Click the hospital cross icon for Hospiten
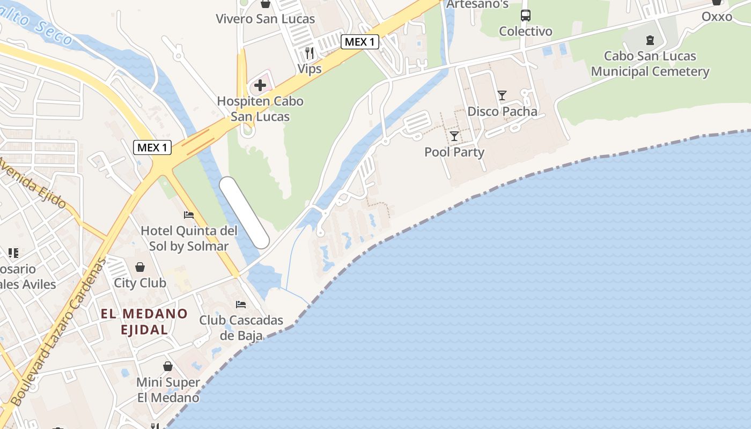(260, 85)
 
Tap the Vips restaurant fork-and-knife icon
(310, 53)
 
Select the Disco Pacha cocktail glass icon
(502, 95)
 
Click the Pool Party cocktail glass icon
(454, 136)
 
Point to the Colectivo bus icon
(526, 16)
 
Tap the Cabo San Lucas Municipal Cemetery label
(650, 64)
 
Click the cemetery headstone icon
(650, 40)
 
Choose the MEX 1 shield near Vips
(360, 42)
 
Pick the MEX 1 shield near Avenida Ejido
(152, 147)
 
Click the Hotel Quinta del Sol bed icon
(189, 215)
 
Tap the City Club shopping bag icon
(140, 267)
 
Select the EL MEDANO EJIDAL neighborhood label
(144, 321)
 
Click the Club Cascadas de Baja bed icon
(241, 305)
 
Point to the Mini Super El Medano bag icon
(168, 366)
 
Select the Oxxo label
(717, 17)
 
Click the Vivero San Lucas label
(265, 19)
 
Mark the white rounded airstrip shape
(244, 212)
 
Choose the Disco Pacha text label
(502, 112)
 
